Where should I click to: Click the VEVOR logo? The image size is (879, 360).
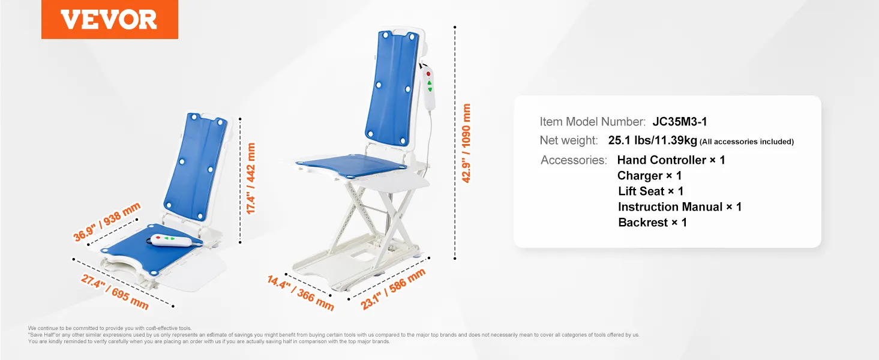click(x=109, y=19)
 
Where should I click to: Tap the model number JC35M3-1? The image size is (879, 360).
click(x=680, y=122)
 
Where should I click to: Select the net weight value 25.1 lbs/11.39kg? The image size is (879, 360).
click(x=652, y=141)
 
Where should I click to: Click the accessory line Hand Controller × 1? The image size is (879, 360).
click(x=671, y=160)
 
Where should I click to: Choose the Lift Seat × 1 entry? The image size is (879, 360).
click(x=650, y=191)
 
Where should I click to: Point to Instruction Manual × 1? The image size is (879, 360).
click(x=680, y=207)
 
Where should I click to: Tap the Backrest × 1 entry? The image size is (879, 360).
click(x=652, y=223)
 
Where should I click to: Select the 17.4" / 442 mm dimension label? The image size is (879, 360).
click(x=251, y=178)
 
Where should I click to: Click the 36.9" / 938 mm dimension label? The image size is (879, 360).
click(x=107, y=222)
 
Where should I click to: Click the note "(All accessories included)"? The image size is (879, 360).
click(x=746, y=142)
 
